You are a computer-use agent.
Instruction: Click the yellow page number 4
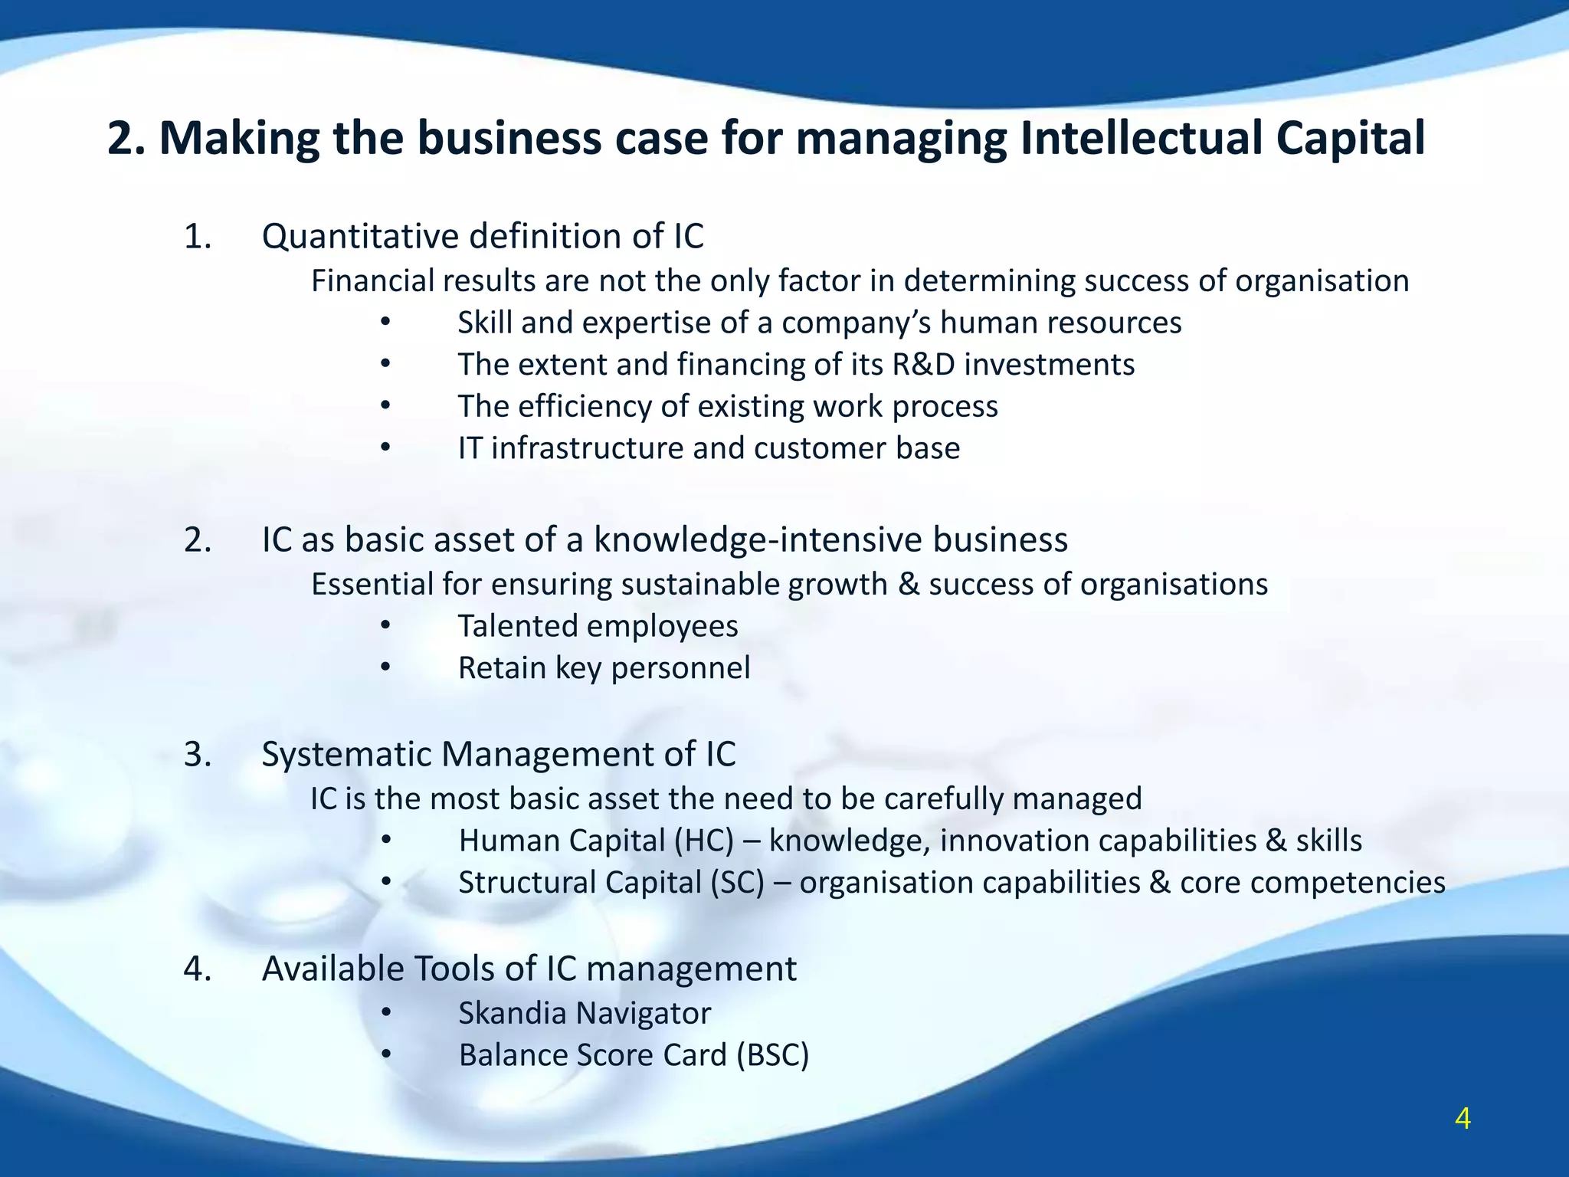tap(1463, 1120)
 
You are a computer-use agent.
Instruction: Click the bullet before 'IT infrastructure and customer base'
tap(385, 448)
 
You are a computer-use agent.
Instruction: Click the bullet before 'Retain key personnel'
tap(385, 667)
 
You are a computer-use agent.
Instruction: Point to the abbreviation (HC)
tap(704, 841)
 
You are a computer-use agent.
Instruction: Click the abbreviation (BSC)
tap(773, 1055)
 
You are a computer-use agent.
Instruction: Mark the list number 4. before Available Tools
tap(198, 969)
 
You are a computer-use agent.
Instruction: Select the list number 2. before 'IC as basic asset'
tap(198, 539)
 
